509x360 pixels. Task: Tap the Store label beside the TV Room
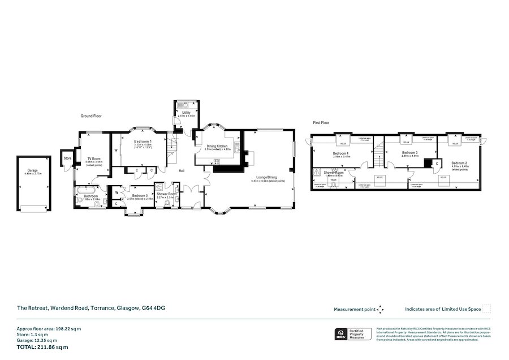point(67,158)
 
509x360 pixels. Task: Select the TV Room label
point(93,158)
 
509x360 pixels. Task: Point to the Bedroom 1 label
point(142,141)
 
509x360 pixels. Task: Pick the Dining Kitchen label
point(217,145)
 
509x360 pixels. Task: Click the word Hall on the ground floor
point(182,170)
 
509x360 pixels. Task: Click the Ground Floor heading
point(90,116)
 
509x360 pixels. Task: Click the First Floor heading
point(321,122)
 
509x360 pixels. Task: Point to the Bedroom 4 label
point(340,153)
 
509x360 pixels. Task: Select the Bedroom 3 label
point(410,152)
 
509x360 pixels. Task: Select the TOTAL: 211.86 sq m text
point(42,346)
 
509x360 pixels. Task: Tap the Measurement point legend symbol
point(381,309)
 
